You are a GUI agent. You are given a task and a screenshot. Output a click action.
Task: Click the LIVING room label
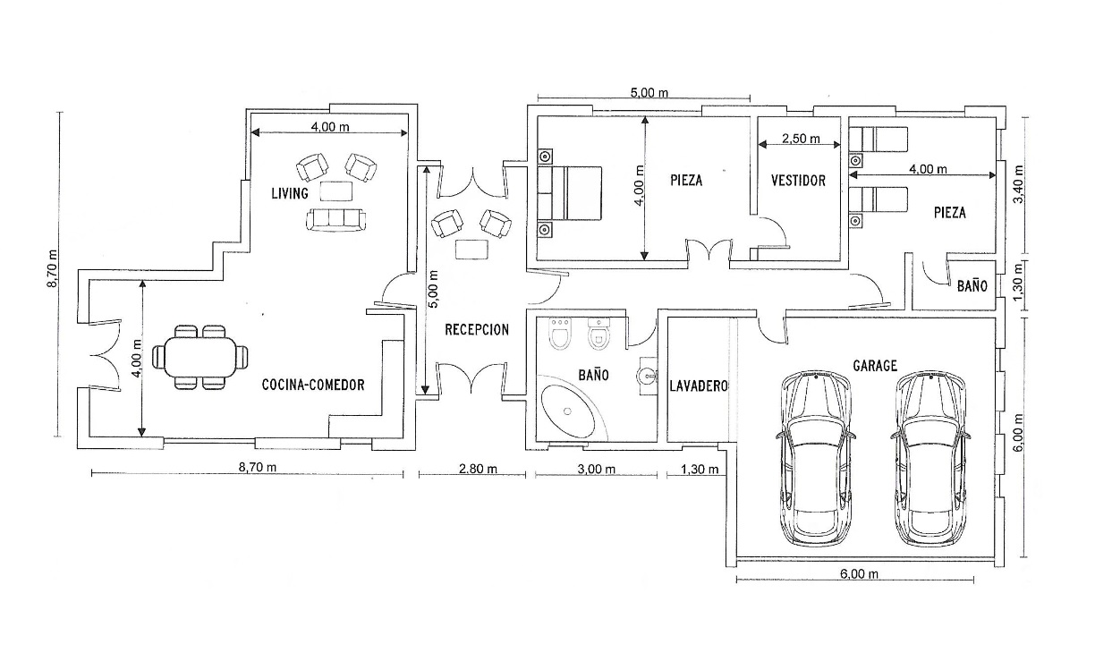290,193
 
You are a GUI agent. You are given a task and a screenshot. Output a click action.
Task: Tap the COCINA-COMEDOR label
313,385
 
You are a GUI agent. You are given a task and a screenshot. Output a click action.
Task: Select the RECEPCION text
477,330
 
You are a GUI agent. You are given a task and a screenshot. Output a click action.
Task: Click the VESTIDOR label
798,181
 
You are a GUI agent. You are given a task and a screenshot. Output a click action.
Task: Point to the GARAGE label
875,366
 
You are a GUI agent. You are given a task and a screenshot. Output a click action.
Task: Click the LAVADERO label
699,386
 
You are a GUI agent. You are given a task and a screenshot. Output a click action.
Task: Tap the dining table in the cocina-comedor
199,357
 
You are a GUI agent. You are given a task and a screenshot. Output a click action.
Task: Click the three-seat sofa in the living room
335,219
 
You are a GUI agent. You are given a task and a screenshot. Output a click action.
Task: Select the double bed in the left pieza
569,192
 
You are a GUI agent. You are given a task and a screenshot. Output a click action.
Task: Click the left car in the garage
815,459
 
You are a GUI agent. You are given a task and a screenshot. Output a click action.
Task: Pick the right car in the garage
930,459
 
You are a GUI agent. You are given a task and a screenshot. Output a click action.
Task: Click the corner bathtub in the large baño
569,411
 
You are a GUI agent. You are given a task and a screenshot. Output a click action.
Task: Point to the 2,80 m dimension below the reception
478,470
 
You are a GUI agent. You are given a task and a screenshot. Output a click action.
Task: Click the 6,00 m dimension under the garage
859,574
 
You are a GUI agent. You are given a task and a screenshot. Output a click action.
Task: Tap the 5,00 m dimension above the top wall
649,93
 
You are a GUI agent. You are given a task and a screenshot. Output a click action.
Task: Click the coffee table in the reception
471,250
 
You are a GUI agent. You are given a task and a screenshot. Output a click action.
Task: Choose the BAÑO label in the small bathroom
972,286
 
